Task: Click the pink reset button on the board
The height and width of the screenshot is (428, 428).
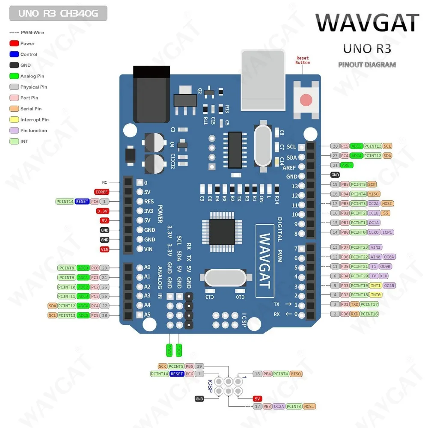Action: (x=306, y=100)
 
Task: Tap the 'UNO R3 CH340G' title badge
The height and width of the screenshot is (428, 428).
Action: (x=58, y=13)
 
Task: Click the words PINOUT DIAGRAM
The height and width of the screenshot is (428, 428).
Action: (x=367, y=65)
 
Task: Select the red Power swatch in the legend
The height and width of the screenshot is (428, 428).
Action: (x=14, y=43)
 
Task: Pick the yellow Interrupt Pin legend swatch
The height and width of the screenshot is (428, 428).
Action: (x=14, y=120)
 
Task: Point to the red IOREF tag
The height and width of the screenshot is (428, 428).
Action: (x=102, y=192)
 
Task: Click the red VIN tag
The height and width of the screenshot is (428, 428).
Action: (x=104, y=249)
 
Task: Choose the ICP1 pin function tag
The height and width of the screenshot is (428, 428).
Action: (x=387, y=232)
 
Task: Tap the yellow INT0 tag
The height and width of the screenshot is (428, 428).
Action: (x=375, y=294)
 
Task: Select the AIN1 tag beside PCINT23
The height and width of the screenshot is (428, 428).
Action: (x=376, y=247)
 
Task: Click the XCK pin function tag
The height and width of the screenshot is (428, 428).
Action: (x=384, y=276)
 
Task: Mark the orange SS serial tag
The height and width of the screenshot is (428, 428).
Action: (x=386, y=213)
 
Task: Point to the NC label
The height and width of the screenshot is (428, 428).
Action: (x=104, y=182)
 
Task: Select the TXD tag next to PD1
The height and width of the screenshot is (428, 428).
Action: (x=354, y=304)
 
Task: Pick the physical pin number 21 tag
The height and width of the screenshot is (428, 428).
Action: (x=335, y=165)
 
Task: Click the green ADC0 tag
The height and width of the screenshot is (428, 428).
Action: (x=83, y=268)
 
